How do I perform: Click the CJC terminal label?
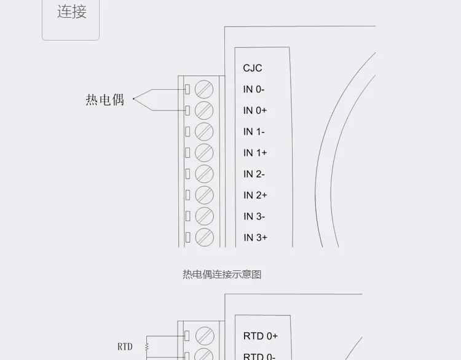pos(253,68)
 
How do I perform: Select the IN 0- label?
pos(254,90)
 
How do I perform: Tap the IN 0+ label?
pos(255,111)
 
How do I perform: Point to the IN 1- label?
pos(254,131)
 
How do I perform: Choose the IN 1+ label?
pos(255,153)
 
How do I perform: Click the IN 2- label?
pos(254,174)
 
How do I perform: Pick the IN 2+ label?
pos(255,195)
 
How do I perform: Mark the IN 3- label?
pos(254,216)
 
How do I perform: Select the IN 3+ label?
pos(255,238)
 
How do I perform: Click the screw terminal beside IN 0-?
pos(204,89)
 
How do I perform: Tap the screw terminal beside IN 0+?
pos(204,111)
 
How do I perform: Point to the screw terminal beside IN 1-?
pos(204,131)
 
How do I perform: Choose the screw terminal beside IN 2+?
pos(204,195)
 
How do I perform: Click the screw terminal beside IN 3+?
pos(204,237)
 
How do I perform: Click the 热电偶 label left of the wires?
pos(105,100)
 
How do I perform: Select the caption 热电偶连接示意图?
pos(222,275)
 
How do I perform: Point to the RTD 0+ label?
pos(261,336)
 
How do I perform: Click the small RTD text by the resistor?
pos(125,346)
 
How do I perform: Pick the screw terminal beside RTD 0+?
pos(204,335)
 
